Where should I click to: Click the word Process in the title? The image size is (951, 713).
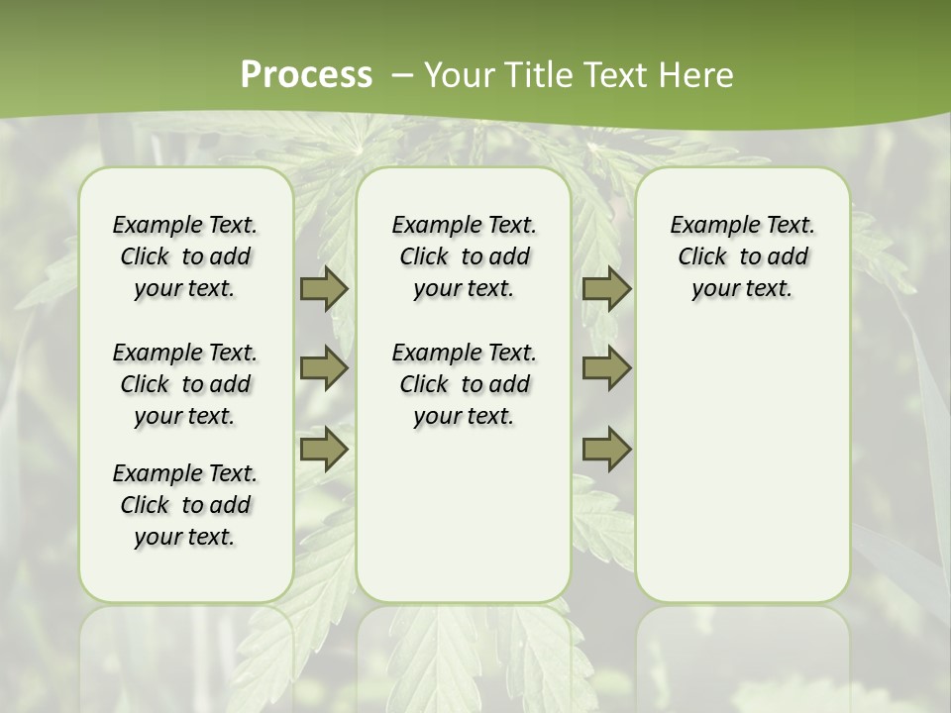(x=306, y=74)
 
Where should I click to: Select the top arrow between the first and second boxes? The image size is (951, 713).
(x=324, y=288)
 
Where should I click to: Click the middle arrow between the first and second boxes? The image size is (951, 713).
(x=324, y=368)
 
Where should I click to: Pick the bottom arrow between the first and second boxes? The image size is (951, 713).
(x=324, y=449)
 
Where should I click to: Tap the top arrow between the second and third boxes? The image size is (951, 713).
(x=606, y=288)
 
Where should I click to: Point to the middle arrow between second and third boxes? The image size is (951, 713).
(x=606, y=368)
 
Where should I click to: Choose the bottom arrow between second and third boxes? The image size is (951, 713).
(x=606, y=449)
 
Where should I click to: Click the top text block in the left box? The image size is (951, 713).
(x=185, y=256)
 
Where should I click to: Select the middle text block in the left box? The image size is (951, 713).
(x=185, y=384)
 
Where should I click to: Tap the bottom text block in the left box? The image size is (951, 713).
(x=185, y=505)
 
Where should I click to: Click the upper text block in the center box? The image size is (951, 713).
(x=464, y=256)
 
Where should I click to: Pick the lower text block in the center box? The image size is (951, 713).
(x=464, y=384)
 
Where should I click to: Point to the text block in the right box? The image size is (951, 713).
(x=743, y=256)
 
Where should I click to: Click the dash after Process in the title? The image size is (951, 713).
(x=401, y=74)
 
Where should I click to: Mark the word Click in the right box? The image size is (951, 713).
(x=702, y=257)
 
